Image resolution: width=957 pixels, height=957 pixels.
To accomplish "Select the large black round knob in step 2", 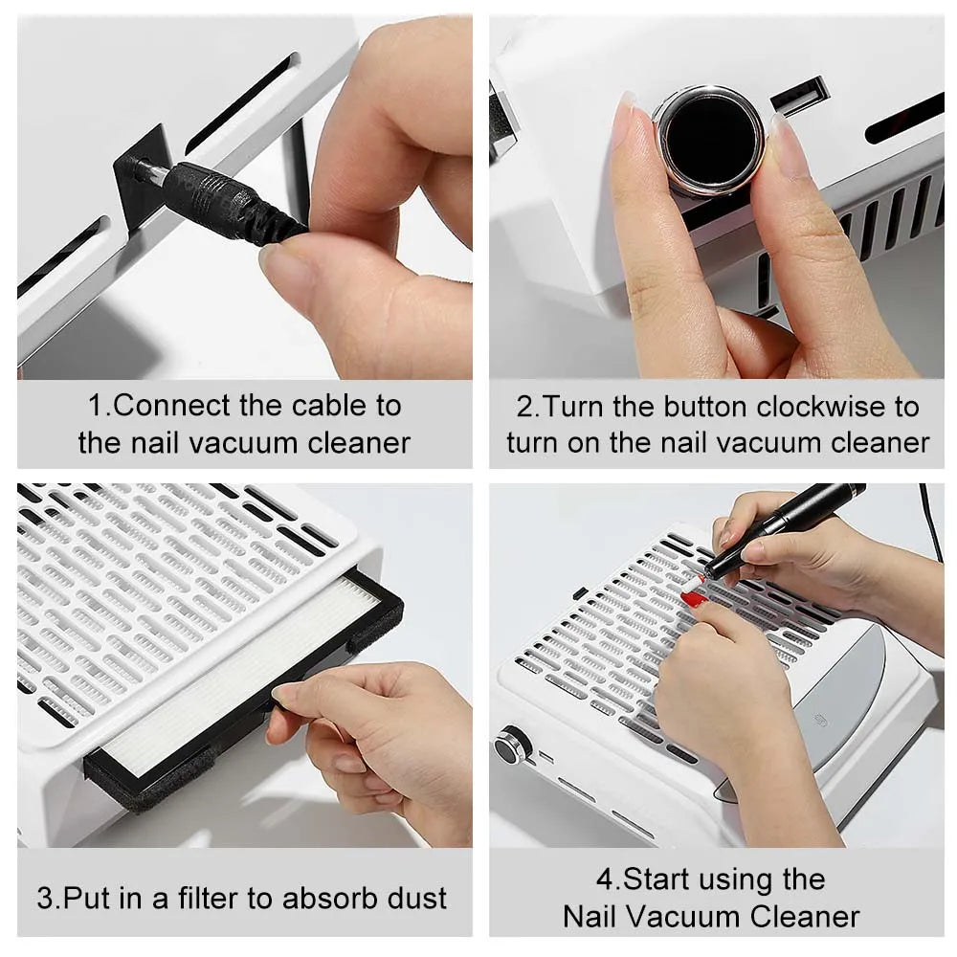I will click(709, 138).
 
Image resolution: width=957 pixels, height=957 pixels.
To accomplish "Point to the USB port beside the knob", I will click(799, 97).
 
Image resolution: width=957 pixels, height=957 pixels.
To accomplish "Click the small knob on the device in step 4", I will click(514, 745).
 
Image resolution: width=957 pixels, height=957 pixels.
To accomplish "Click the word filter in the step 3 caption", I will click(234, 899).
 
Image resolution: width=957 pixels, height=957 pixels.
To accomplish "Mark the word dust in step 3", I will click(414, 899).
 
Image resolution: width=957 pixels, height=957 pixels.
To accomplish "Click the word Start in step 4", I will click(656, 879).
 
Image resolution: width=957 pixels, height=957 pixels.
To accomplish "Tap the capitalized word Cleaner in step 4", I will click(805, 916).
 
